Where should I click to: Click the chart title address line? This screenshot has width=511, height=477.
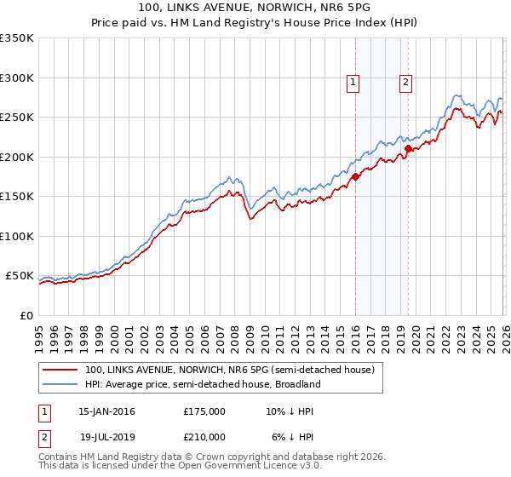click(x=255, y=8)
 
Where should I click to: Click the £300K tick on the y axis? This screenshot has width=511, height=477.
click(x=17, y=78)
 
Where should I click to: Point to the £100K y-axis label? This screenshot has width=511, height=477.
click(x=17, y=236)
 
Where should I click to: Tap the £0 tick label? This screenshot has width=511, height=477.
click(x=26, y=315)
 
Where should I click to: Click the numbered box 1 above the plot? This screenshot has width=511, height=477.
click(x=353, y=83)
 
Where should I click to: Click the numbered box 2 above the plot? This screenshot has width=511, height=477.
click(x=405, y=83)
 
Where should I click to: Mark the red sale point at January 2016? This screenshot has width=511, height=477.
click(x=355, y=176)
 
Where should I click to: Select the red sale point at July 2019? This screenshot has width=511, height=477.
click(x=408, y=148)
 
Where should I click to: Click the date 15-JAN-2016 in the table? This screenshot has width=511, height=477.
click(x=106, y=411)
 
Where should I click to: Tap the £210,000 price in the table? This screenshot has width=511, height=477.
click(x=204, y=436)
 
